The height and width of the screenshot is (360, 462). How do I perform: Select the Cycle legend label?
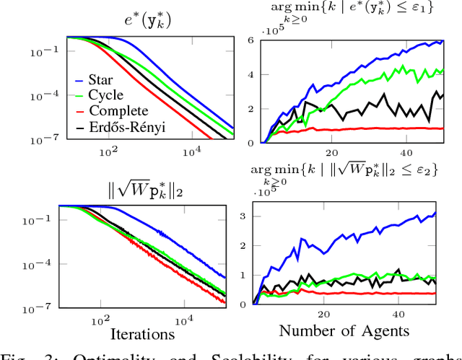(107, 96)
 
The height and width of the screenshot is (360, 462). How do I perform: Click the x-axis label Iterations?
(142, 334)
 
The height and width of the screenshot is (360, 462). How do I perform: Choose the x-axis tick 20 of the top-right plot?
(332, 152)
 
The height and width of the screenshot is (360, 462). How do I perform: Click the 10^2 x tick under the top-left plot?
(108, 152)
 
